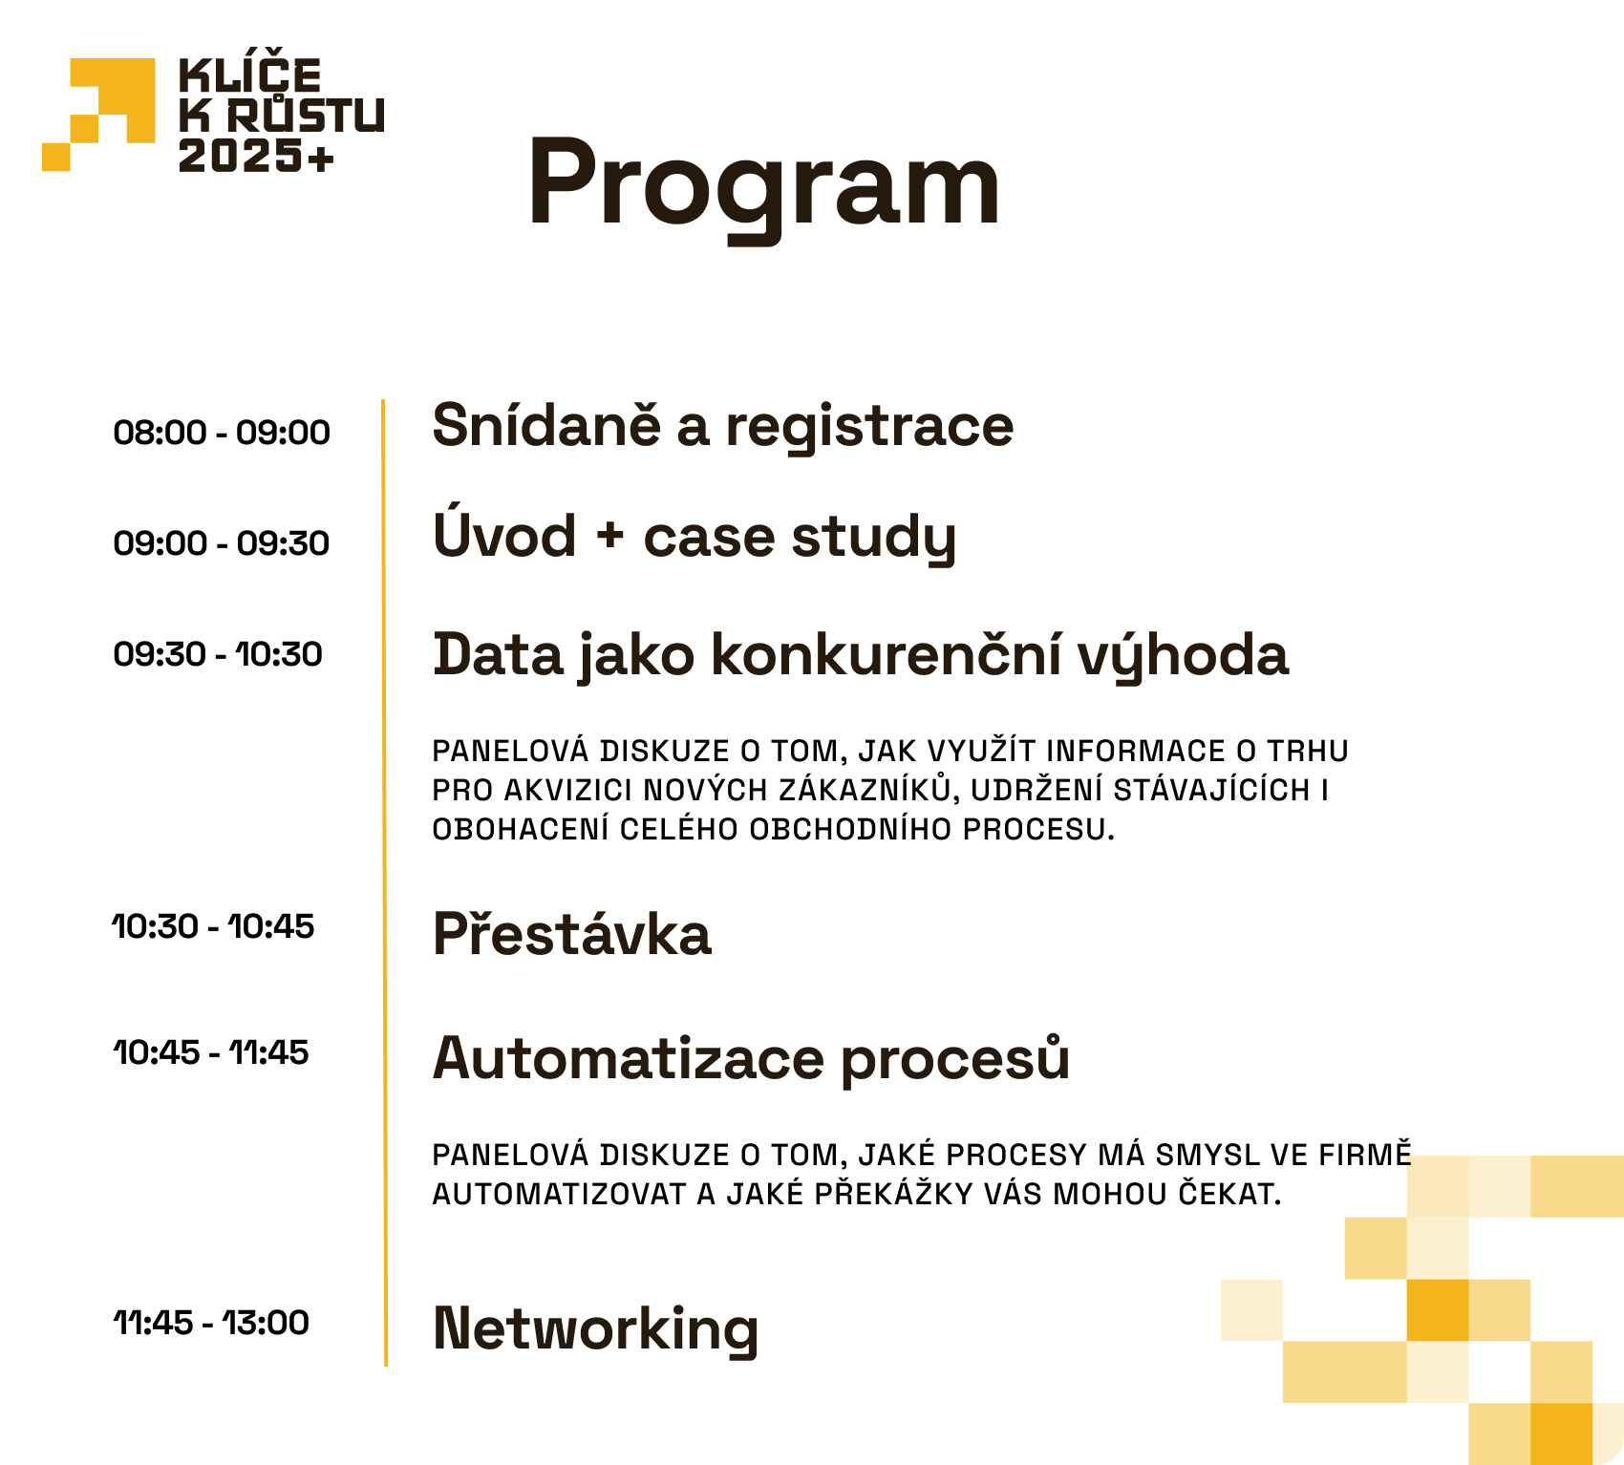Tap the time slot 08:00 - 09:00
pos(222,433)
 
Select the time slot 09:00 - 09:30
pos(222,543)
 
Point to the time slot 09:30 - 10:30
pos(218,654)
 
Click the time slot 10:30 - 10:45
pos(213,926)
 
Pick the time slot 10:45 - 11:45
pos(211,1052)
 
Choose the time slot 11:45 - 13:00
pos(211,1323)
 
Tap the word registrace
pos(869,428)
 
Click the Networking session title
pos(596,1329)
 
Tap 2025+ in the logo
pos(256,156)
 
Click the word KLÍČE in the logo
pos(250,73)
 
